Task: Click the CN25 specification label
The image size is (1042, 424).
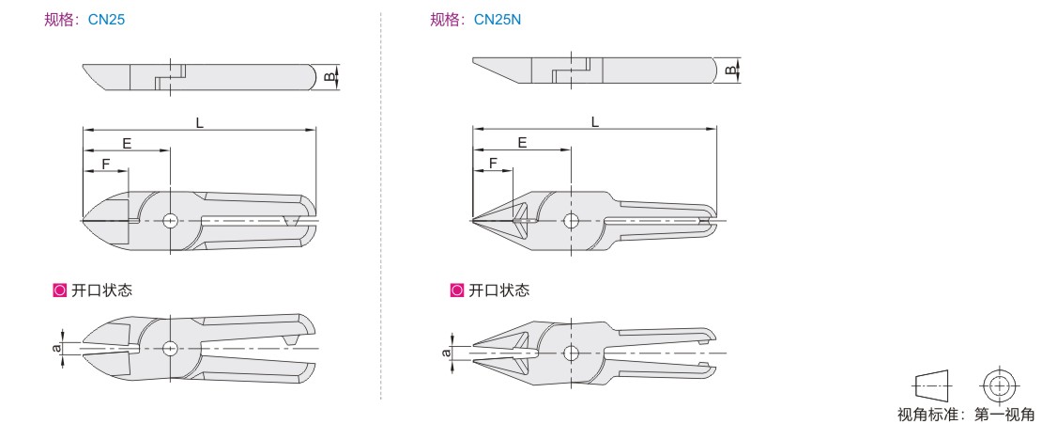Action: click(x=106, y=20)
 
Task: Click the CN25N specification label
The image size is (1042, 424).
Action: click(x=498, y=20)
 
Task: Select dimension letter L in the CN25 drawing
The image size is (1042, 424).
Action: click(x=199, y=123)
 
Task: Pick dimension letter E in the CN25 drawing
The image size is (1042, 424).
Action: click(x=127, y=143)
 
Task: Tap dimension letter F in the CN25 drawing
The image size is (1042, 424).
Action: click(x=106, y=164)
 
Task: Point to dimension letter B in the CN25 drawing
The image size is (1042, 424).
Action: click(x=329, y=76)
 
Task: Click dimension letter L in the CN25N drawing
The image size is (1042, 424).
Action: click(x=595, y=121)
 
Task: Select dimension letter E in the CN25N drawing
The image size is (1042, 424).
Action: click(x=522, y=142)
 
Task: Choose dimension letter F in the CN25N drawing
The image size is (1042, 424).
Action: click(x=493, y=163)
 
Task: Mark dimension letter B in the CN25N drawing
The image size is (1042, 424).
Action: click(x=729, y=71)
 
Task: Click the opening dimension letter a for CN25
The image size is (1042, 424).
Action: click(x=58, y=347)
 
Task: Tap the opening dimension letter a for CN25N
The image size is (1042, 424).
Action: click(x=447, y=353)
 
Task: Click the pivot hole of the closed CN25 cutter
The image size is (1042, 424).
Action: click(x=171, y=220)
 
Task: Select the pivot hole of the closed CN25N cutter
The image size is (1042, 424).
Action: click(x=570, y=220)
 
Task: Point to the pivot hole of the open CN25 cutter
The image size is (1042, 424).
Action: click(x=171, y=347)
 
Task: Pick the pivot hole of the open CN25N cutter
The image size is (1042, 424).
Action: click(x=570, y=353)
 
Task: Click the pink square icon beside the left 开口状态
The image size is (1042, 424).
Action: click(x=60, y=291)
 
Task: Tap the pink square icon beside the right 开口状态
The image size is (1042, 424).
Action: click(x=456, y=291)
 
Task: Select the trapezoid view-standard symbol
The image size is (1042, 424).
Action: click(x=934, y=385)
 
